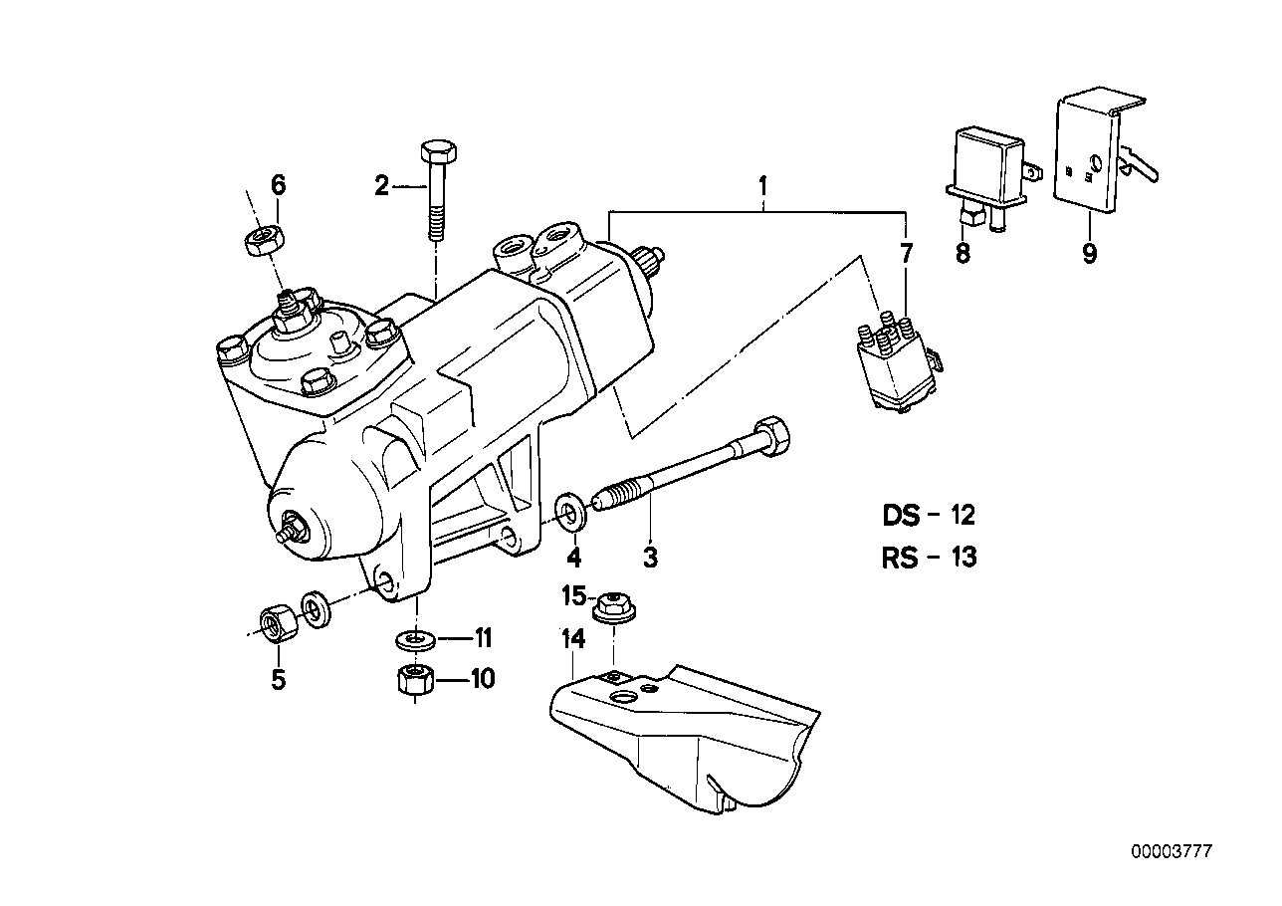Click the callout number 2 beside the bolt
[380, 185]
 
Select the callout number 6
[279, 184]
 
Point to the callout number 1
[762, 185]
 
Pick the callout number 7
[906, 253]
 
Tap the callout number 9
[1089, 253]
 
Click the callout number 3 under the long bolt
[650, 558]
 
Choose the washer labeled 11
[415, 637]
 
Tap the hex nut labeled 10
[413, 681]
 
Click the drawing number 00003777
[1172, 824]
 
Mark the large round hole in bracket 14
[624, 699]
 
